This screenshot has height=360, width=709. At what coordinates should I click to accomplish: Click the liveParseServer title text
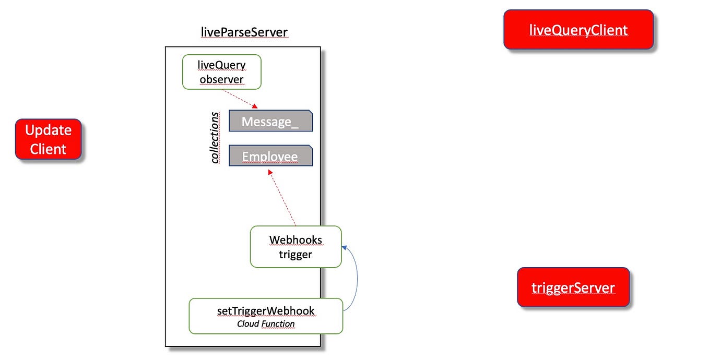(244, 32)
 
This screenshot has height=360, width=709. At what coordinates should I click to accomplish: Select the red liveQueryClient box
(578, 30)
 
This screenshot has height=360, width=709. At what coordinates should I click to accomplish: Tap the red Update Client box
(48, 139)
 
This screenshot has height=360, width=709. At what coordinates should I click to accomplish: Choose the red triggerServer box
(573, 287)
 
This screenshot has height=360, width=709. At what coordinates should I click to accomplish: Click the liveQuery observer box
(221, 72)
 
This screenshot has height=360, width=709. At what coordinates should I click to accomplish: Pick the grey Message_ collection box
(270, 122)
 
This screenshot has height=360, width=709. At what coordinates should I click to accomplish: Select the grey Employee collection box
(270, 157)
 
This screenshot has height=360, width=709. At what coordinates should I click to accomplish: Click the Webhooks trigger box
(296, 247)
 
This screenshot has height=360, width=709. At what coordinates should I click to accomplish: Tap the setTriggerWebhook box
(266, 316)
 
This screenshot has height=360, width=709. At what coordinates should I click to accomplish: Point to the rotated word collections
(215, 138)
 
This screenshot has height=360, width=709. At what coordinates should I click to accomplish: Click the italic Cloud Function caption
(266, 324)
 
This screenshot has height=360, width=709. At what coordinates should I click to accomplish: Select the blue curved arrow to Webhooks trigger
(356, 277)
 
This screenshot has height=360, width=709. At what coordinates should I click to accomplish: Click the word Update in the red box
(48, 130)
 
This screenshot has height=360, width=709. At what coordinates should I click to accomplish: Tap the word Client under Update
(48, 149)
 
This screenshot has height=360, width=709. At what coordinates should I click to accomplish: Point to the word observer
(221, 80)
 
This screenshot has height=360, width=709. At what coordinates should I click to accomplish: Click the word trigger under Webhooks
(296, 255)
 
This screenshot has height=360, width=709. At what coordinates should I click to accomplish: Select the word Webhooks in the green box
(296, 240)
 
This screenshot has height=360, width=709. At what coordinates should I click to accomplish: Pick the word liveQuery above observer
(221, 65)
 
